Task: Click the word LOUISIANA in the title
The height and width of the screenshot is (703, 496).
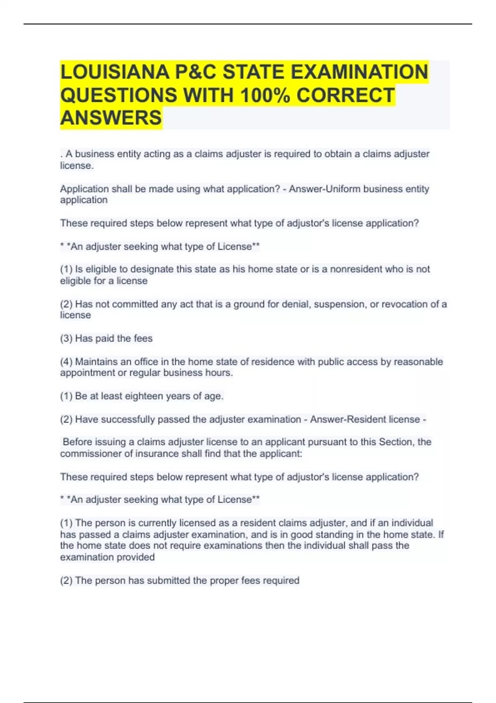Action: [114, 72]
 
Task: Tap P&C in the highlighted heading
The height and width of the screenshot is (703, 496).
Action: [196, 72]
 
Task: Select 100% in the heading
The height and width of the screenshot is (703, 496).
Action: [265, 95]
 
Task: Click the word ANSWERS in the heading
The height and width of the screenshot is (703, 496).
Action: [111, 118]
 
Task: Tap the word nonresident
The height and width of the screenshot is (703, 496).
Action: [355, 269]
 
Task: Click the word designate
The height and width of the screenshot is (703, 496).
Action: [152, 269]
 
